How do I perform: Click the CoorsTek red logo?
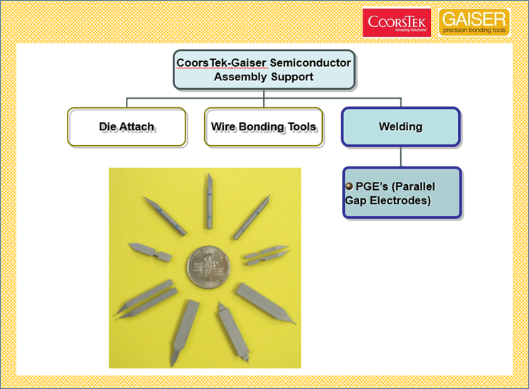tap(397, 23)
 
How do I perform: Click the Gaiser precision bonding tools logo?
tap(474, 22)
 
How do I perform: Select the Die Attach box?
tap(127, 127)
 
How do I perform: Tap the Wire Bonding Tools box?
tap(264, 127)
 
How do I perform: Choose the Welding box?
tap(401, 127)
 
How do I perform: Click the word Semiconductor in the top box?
tap(311, 63)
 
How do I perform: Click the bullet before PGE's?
tap(349, 186)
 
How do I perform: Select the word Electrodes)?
tap(400, 201)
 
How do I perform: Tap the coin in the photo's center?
tap(208, 267)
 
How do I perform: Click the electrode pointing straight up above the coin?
tap(210, 201)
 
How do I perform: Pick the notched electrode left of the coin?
tap(150, 252)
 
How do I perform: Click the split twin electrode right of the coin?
tap(267, 255)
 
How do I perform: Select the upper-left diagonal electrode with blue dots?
tap(165, 215)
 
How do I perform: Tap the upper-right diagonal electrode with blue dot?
tap(252, 217)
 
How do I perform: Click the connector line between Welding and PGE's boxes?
tap(401, 156)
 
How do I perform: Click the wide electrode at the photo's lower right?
tap(266, 303)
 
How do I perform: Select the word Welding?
tap(401, 127)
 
